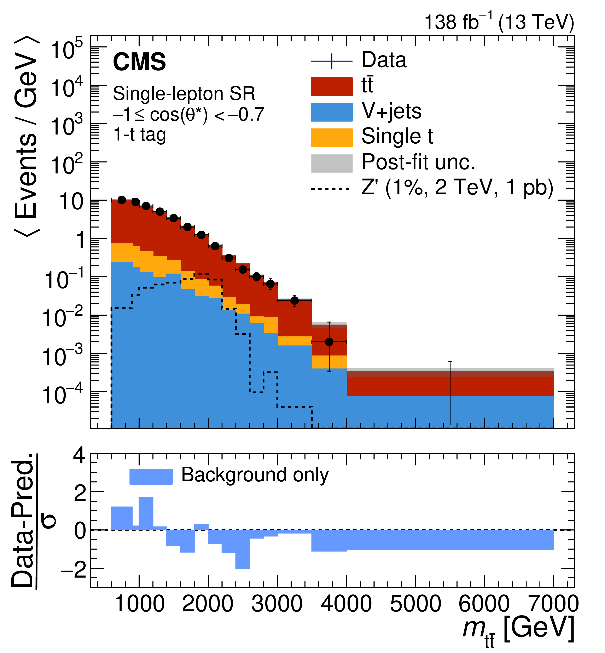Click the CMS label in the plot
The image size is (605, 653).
tap(139, 62)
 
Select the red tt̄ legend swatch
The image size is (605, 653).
tap(331, 87)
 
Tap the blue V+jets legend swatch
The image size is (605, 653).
tap(331, 112)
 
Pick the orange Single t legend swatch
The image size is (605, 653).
tap(331, 138)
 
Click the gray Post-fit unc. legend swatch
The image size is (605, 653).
tap(331, 163)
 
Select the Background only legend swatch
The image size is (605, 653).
tap(151, 476)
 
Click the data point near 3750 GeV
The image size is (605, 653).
tap(329, 342)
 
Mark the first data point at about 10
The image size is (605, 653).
tap(122, 200)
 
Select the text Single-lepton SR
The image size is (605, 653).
tap(184, 94)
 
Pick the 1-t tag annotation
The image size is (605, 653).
tap(139, 134)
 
